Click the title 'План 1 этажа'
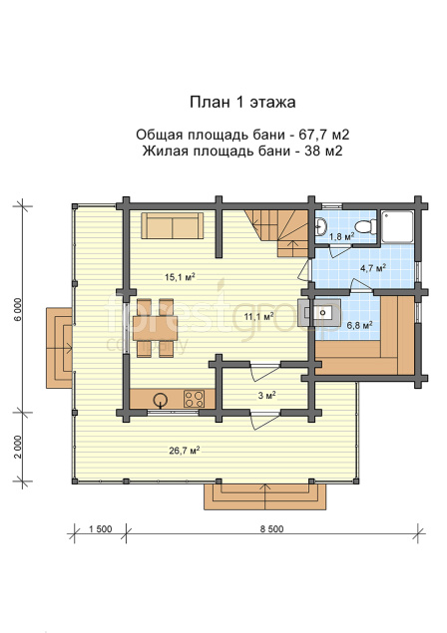pyautogui.click(x=242, y=102)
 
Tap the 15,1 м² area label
pyautogui.click(x=180, y=277)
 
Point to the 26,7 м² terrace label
pyautogui.click(x=185, y=451)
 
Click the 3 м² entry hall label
pyautogui.click(x=266, y=395)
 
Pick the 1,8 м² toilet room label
pyautogui.click(x=342, y=236)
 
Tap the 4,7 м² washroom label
pyautogui.click(x=372, y=267)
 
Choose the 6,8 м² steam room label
pyautogui.click(x=360, y=325)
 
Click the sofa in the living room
pyautogui.click(x=173, y=226)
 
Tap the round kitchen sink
pyautogui.click(x=161, y=400)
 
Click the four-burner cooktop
pyautogui.click(x=194, y=399)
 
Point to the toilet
pyautogui.click(x=366, y=226)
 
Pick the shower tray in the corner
pyautogui.click(x=398, y=226)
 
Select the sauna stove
pyautogui.click(x=319, y=312)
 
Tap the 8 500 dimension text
pyautogui.click(x=271, y=529)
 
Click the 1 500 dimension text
pyautogui.click(x=99, y=529)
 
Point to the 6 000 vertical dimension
pyautogui.click(x=17, y=310)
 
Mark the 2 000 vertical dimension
pyautogui.click(x=17, y=448)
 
